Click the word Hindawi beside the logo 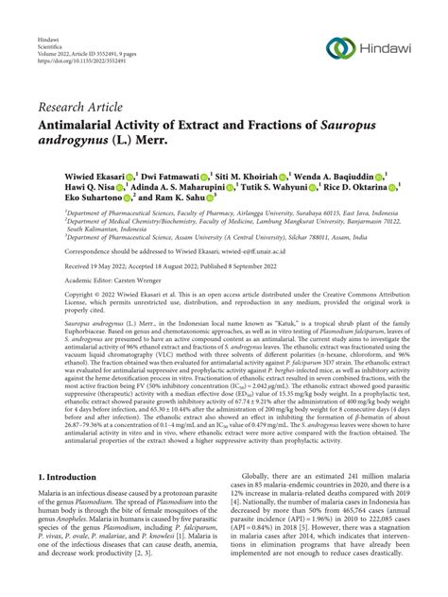pyautogui.click(x=388, y=47)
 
